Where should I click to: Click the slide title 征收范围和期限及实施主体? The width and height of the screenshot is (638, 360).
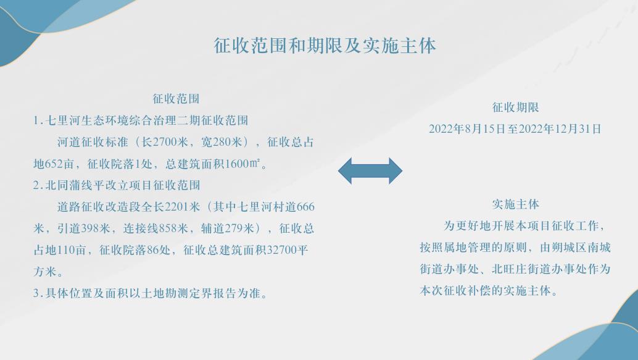(325, 46)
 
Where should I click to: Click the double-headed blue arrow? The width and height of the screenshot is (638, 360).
(370, 171)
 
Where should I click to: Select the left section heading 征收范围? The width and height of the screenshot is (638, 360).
(176, 99)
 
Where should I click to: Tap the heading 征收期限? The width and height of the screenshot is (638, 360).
(516, 107)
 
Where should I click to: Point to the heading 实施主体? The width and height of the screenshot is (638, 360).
(516, 204)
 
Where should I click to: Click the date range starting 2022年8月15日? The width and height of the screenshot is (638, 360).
(515, 129)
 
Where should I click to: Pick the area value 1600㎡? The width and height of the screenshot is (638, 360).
(242, 164)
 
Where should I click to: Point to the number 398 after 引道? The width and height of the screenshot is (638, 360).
(89, 228)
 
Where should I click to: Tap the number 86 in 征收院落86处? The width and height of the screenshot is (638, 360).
(152, 250)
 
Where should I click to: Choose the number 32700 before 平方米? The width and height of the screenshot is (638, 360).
(281, 250)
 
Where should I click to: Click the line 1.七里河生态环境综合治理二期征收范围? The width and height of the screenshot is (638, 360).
(141, 120)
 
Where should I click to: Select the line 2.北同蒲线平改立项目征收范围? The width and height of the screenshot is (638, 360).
(117, 185)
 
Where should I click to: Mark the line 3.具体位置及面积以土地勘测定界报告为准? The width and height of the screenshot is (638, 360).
(151, 293)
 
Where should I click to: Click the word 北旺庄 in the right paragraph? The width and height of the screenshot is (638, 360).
(509, 269)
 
